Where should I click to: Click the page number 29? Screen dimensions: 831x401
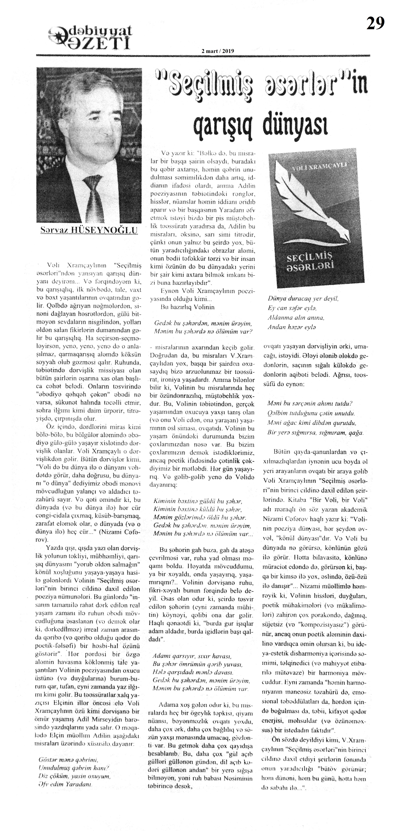tap(375, 23)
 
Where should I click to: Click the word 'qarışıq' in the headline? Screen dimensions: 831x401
tap(223, 124)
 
